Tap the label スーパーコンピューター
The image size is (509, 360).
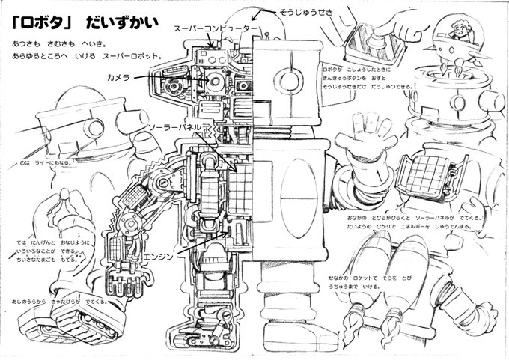(216, 28)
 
